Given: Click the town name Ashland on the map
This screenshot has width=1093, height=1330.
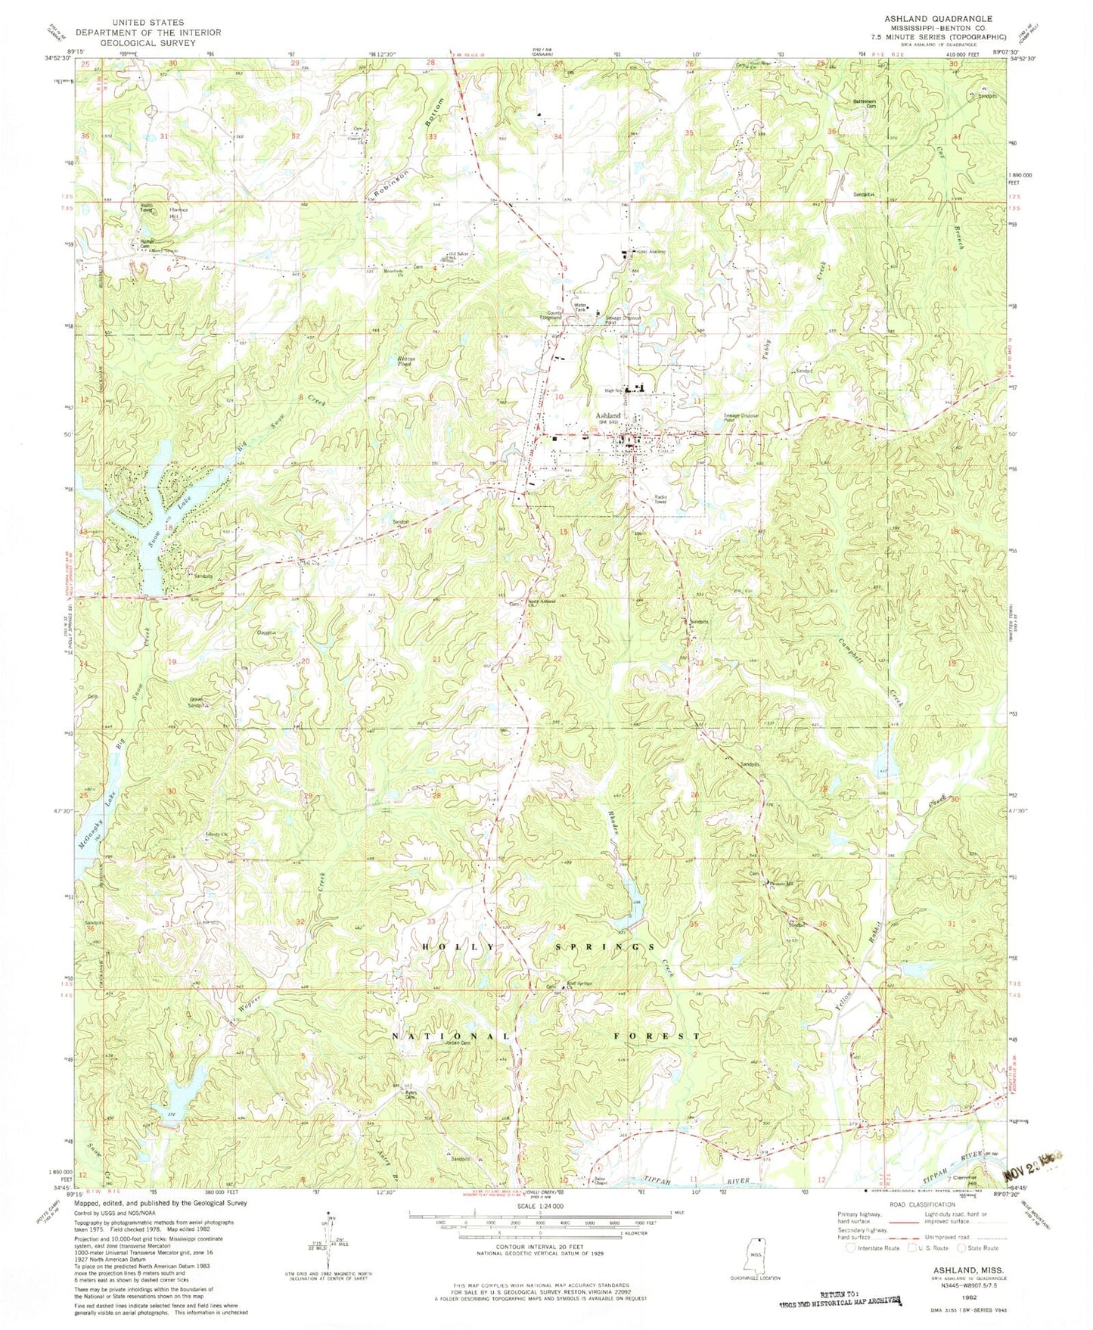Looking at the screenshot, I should [607, 415].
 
